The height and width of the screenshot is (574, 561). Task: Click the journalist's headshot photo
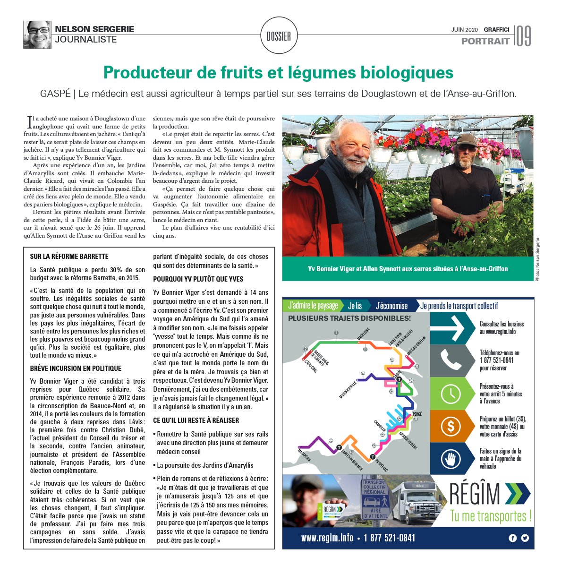point(37,34)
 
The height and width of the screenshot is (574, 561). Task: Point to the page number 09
point(523,36)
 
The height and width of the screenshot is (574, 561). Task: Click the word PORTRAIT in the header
point(485,41)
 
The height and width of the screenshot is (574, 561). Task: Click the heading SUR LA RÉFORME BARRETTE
point(69,257)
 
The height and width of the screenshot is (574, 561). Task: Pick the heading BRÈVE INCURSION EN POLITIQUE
point(76,368)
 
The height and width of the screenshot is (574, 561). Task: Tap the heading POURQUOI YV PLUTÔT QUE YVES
point(198,279)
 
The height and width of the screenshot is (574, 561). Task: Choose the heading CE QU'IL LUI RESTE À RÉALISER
point(196,420)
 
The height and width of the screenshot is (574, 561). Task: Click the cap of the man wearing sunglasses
point(466,139)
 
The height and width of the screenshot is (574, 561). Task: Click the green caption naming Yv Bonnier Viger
point(408,269)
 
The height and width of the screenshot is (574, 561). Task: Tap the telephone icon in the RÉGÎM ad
point(450,360)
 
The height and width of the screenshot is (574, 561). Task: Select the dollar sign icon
point(450,426)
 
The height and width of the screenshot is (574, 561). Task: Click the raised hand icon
point(450,459)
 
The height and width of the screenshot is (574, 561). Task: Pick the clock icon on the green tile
point(450,394)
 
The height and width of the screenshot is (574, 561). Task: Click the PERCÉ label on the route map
point(416,414)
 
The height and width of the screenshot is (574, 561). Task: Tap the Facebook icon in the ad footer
point(513,538)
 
